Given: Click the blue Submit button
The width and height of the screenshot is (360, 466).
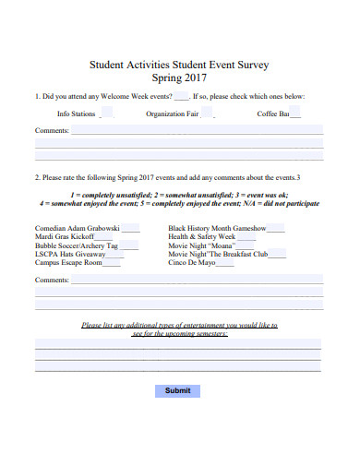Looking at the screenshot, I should (x=177, y=390).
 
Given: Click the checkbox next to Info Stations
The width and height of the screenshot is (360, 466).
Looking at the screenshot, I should (x=106, y=114).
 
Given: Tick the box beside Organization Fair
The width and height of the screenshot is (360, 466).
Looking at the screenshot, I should (x=208, y=114).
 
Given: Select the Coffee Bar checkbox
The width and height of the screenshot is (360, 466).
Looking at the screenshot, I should (x=295, y=114).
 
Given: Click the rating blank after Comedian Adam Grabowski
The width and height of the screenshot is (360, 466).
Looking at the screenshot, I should (x=130, y=228).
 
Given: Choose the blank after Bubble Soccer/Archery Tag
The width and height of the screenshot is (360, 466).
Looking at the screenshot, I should (x=129, y=246).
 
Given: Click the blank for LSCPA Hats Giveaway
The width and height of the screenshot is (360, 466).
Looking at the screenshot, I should (x=115, y=255).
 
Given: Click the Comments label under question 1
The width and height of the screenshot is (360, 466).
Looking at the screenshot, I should (x=51, y=131).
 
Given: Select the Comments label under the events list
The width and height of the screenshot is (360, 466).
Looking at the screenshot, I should (x=51, y=280).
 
